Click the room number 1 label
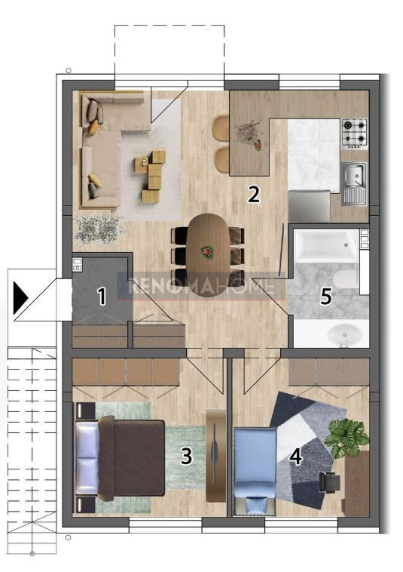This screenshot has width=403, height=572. pyautogui.click(x=102, y=297)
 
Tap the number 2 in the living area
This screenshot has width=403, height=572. pyautogui.click(x=254, y=194)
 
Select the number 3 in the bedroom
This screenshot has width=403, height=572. pyautogui.click(x=186, y=456)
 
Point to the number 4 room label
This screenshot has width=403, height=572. pyautogui.click(x=296, y=457)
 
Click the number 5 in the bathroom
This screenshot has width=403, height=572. pyautogui.click(x=326, y=297)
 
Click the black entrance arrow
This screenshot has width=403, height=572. pyautogui.click(x=20, y=297)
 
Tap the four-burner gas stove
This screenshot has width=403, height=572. pyautogui.click(x=355, y=133)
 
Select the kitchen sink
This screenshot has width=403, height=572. pyautogui.click(x=354, y=183)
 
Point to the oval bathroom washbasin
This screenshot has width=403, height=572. pyautogui.click(x=344, y=334)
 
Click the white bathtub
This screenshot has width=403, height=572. pyautogui.click(x=325, y=245)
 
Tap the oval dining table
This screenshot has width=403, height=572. pyautogui.click(x=208, y=254)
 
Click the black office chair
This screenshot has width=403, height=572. pyautogui.click(x=330, y=481)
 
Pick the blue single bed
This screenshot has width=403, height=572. pyautogui.click(x=255, y=471)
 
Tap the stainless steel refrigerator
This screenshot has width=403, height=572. pyautogui.click(x=309, y=206)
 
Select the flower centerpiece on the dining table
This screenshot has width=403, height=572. pyautogui.click(x=208, y=251)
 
